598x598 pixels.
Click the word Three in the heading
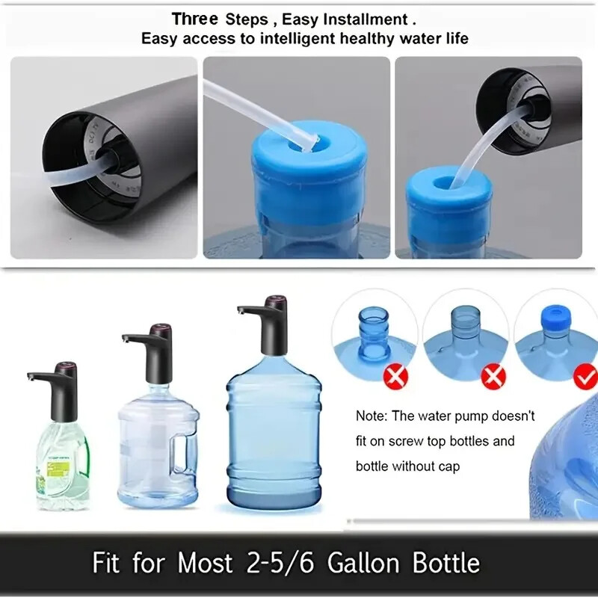[x=195, y=19]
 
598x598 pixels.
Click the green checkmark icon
[x=585, y=377]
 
